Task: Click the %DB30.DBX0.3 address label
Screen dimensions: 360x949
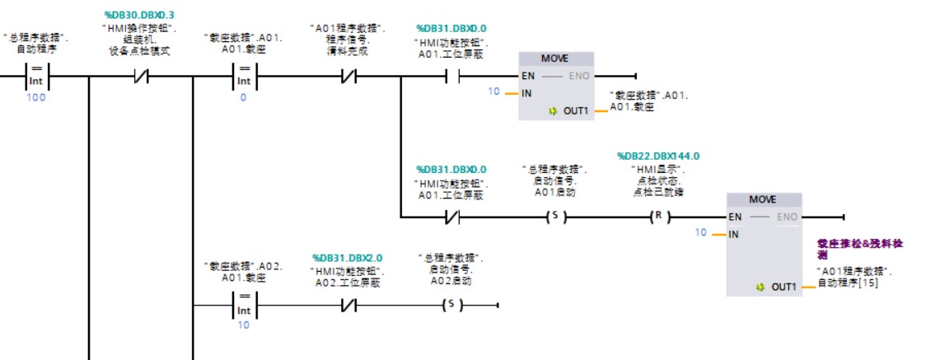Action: [x=139, y=15]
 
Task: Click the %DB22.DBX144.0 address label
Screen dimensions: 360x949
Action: [x=657, y=156]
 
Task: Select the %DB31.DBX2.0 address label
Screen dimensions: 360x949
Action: [x=347, y=258]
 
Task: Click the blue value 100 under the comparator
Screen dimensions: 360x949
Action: [x=35, y=98]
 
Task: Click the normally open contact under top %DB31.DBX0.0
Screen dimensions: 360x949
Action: [x=451, y=77]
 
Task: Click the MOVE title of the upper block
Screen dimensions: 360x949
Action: [x=554, y=59]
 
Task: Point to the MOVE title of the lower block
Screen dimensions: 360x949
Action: [x=763, y=200]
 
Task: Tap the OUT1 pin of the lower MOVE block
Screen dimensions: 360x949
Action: [x=783, y=287]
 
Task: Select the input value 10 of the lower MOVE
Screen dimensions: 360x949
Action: [x=700, y=233]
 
